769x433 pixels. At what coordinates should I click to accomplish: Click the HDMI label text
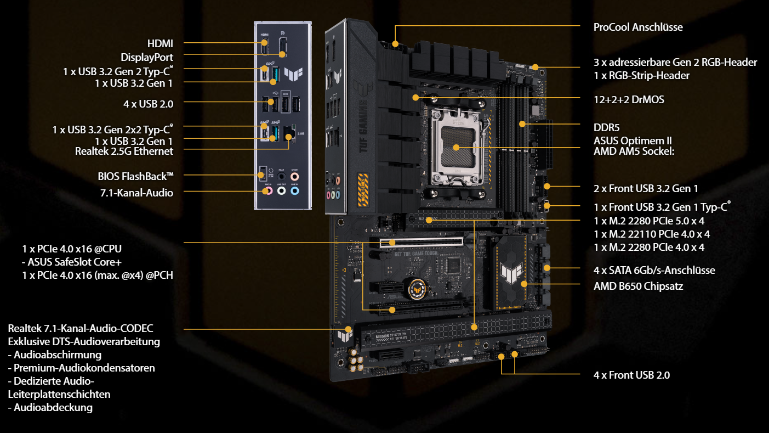tap(160, 44)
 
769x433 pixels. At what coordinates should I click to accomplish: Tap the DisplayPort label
tap(147, 58)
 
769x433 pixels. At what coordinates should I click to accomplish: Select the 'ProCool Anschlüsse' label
tap(638, 27)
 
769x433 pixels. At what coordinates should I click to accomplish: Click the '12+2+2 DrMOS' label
tap(629, 100)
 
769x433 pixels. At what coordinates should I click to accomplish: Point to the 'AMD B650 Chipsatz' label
tap(638, 286)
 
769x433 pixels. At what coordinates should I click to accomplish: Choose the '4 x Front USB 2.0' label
tap(631, 375)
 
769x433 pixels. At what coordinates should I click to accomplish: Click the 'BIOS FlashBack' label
tap(135, 176)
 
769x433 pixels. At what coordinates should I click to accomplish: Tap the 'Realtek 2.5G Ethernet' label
tap(124, 151)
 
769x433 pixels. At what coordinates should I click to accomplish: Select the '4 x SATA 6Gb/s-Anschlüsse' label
tap(654, 270)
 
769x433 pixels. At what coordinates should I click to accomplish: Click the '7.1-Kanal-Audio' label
tap(136, 193)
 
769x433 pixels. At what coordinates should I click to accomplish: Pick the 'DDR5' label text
tap(607, 127)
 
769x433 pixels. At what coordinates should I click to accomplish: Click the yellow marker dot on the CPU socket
tap(456, 148)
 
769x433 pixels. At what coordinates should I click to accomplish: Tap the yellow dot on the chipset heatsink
tap(524, 284)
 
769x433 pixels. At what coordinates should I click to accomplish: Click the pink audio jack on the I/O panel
tap(269, 190)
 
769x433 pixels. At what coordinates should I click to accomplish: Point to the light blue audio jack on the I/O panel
tap(294, 190)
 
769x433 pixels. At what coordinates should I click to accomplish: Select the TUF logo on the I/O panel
tap(293, 74)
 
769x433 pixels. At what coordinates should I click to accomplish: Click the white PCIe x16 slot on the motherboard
tap(421, 243)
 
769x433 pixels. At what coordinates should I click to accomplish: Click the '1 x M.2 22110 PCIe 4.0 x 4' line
tap(652, 234)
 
